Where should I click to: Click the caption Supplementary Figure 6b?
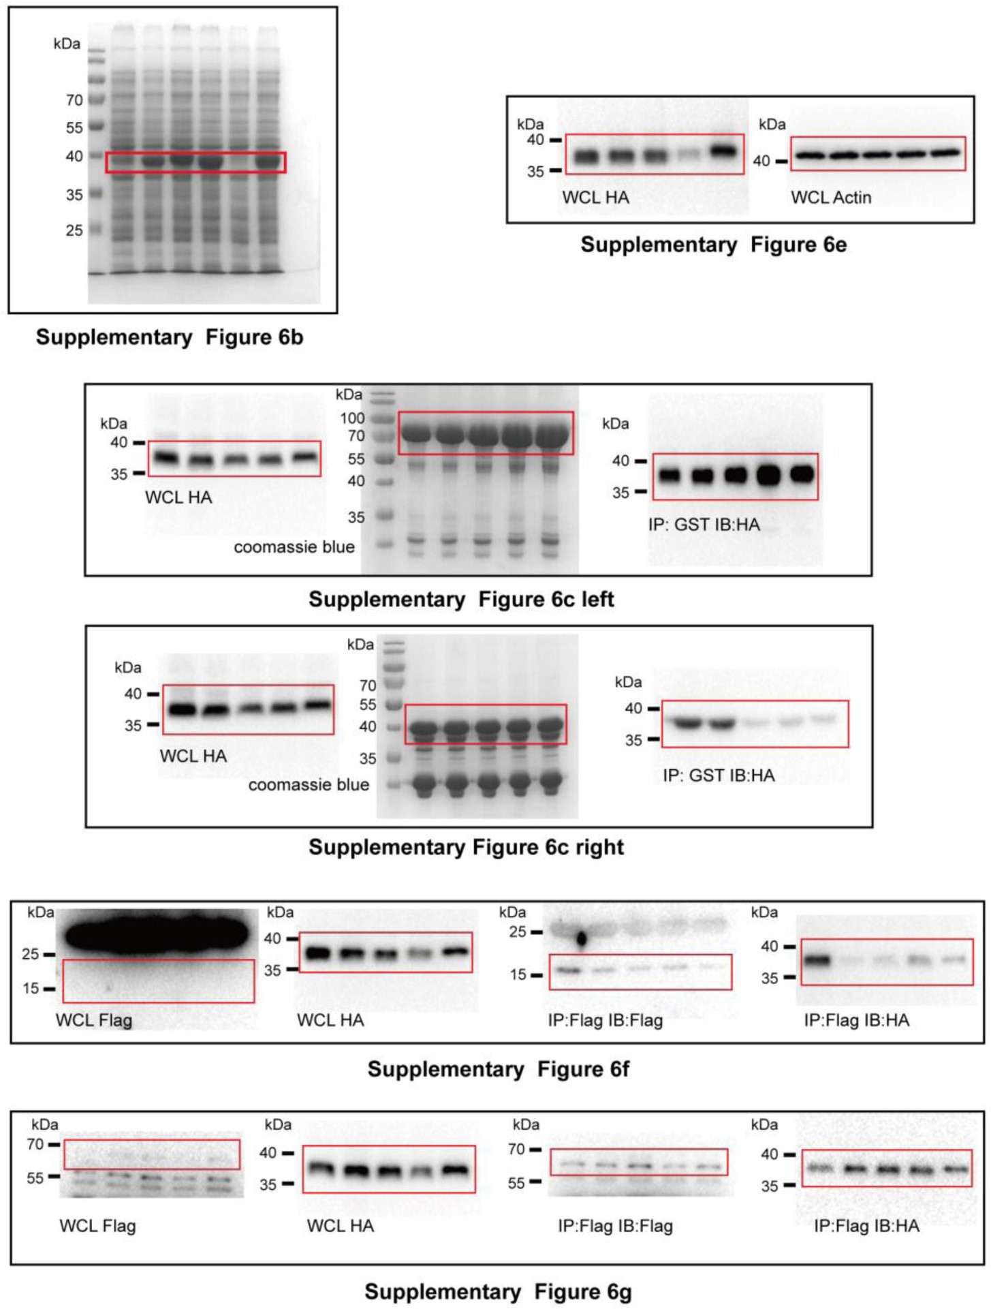(169, 337)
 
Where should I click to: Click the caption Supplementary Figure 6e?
(713, 245)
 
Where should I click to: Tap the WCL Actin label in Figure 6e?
(831, 198)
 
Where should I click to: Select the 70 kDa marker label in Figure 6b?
(74, 100)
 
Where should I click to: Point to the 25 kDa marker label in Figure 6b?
(74, 230)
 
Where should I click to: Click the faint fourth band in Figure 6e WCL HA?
(689, 155)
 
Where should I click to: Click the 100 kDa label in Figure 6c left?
(352, 418)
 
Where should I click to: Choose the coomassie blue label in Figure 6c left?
(294, 547)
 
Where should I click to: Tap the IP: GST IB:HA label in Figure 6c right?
(719, 775)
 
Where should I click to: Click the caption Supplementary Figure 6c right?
(466, 847)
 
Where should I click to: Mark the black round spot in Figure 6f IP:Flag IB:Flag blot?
(582, 939)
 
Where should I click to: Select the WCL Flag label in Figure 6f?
(94, 1020)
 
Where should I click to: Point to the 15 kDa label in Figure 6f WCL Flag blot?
(31, 988)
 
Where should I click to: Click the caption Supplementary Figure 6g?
(498, 1291)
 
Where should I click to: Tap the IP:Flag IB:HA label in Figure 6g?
(866, 1226)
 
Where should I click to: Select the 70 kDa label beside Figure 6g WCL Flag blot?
(35, 1144)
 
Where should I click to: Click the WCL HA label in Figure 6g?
(340, 1226)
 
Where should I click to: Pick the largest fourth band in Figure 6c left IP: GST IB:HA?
(769, 475)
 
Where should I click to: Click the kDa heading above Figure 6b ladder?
(67, 44)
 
